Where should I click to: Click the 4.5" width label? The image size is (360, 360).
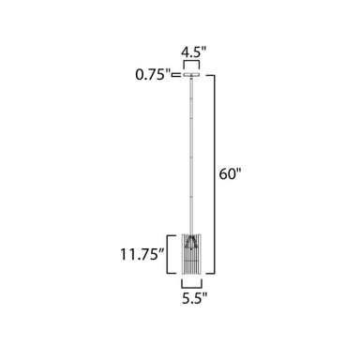point(194,52)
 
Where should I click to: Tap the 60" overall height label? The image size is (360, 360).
point(231,173)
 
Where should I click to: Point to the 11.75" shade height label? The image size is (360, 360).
point(142,254)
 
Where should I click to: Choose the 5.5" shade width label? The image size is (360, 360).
point(194,298)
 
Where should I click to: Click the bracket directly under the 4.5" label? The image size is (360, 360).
point(191,62)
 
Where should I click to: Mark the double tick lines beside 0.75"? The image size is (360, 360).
point(176,75)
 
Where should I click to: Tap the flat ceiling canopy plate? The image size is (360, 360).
point(191,75)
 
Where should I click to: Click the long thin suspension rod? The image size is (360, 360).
point(191,156)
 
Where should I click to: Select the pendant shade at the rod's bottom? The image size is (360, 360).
point(191,254)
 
